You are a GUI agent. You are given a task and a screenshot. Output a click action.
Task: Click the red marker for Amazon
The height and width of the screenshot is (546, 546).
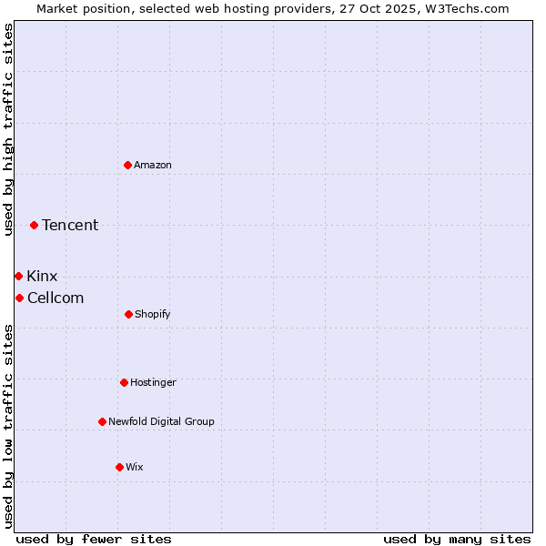(x=127, y=165)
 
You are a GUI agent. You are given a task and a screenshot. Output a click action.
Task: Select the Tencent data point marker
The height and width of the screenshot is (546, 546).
(x=35, y=225)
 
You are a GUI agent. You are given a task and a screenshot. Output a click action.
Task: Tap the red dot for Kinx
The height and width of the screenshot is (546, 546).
(x=18, y=276)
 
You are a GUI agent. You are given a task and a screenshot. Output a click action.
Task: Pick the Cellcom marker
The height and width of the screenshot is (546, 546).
(x=19, y=298)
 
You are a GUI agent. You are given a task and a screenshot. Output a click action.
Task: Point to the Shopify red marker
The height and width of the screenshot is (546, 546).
(x=128, y=314)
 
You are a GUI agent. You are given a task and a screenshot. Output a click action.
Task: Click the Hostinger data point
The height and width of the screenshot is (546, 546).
(x=124, y=382)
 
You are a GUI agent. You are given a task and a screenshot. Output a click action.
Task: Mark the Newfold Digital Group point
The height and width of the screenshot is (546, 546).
(x=102, y=421)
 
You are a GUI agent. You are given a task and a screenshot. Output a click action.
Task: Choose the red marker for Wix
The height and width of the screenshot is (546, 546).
(x=119, y=467)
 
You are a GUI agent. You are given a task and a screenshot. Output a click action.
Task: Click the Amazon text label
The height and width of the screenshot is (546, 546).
(x=153, y=165)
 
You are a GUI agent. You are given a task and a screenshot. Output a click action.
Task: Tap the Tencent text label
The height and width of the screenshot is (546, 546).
(x=70, y=226)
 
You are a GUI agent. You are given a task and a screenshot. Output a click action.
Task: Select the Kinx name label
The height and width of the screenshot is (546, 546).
(x=42, y=277)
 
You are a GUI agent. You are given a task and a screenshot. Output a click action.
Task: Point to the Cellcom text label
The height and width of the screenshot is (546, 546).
(x=56, y=298)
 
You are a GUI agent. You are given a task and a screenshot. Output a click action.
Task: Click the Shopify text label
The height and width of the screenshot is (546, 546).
(x=153, y=314)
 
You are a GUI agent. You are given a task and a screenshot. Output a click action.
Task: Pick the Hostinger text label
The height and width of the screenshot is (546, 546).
(x=153, y=382)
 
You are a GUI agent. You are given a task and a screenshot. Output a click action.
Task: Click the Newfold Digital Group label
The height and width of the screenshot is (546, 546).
(x=161, y=421)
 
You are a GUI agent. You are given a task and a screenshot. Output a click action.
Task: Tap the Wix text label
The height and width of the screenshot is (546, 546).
(x=135, y=467)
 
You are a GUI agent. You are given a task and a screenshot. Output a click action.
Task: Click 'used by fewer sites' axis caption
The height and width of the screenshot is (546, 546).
(x=94, y=539)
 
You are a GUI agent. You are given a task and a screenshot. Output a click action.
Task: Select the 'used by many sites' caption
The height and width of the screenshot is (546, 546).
(x=457, y=539)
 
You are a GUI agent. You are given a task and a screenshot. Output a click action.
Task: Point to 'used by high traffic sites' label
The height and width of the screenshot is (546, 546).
(x=9, y=129)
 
